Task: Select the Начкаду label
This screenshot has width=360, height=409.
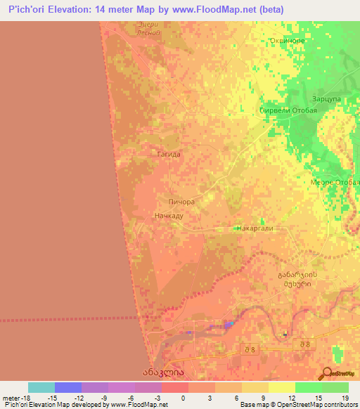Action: coord(168,216)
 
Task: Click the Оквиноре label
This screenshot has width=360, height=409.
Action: coord(287,41)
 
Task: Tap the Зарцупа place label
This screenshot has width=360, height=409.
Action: coord(326,100)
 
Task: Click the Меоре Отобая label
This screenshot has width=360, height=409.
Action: coord(334,182)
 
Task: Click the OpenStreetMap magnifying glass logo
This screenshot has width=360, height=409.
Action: coord(326,373)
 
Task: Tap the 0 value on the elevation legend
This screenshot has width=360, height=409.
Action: coord(184,397)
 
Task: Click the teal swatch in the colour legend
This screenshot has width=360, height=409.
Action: coord(41,387)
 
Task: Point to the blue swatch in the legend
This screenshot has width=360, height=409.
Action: coord(68,387)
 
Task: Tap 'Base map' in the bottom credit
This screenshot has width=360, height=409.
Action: coord(253,405)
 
